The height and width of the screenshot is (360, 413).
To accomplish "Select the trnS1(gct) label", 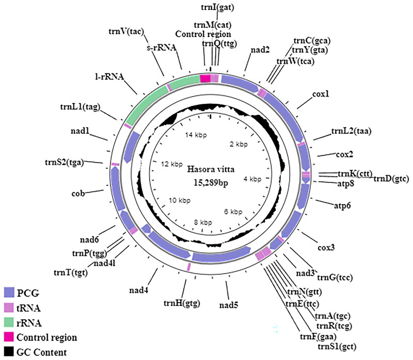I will pyautogui.click(x=336, y=345).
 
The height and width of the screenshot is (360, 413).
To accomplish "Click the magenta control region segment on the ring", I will pyautogui.click(x=205, y=79).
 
